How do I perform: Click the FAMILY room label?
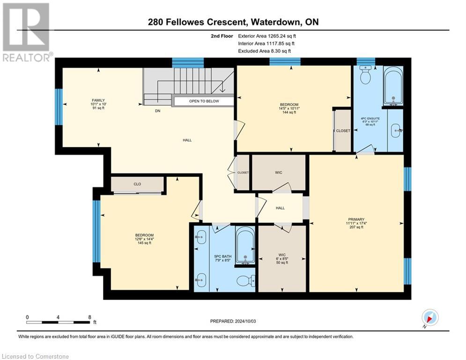[x=98, y=101]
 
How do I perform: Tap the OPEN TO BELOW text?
[x=204, y=101]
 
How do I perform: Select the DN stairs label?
[x=157, y=111]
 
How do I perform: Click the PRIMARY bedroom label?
[x=356, y=219]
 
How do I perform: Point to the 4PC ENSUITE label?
[x=370, y=119]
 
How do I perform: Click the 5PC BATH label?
[x=223, y=256]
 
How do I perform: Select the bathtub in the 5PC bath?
[x=245, y=245]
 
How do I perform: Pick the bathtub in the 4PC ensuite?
[x=393, y=86]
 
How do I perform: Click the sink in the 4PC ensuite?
[x=396, y=130]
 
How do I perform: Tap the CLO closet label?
[x=137, y=184]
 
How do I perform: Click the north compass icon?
[x=430, y=317]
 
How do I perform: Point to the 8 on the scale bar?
[x=90, y=317]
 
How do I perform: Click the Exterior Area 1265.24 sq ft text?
[x=267, y=36]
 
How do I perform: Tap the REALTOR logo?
[x=27, y=32]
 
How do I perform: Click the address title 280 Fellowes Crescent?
[x=197, y=22]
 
